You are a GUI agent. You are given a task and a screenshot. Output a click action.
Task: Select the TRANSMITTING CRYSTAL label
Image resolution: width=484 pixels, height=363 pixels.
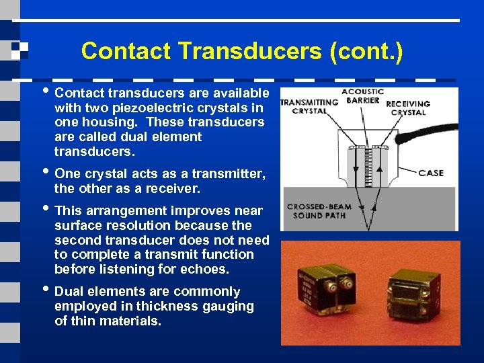[309, 107]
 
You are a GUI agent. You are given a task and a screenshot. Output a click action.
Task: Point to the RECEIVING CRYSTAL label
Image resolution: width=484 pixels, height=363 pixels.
[408, 108]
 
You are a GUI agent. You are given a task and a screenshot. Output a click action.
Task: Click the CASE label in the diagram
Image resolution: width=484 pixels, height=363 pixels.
[431, 173]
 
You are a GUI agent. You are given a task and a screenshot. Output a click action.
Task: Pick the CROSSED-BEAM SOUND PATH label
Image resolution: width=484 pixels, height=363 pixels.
[319, 211]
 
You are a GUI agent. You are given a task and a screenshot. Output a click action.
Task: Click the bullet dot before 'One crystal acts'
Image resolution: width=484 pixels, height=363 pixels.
[46, 173]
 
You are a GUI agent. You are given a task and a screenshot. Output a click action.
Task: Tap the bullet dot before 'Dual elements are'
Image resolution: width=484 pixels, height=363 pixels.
[46, 291]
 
